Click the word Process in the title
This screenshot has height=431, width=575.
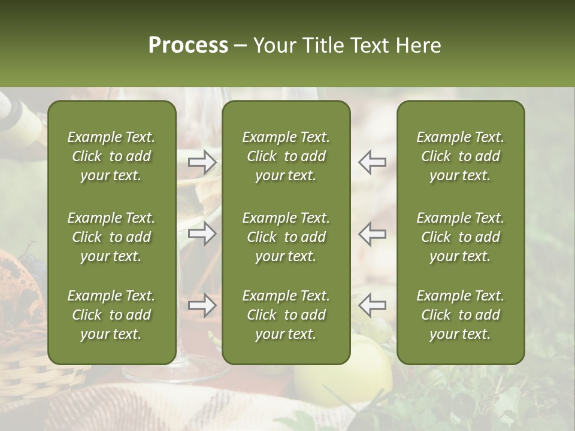coord(188,45)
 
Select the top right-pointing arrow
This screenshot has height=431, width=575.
coord(202,162)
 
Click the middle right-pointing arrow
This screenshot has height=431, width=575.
coord(202,233)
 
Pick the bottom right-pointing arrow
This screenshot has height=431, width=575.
coord(202,305)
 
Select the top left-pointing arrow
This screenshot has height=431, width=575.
coord(372,162)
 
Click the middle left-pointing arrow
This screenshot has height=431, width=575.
coord(372,233)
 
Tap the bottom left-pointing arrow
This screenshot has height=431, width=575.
coord(372,305)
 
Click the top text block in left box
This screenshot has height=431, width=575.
coord(111,156)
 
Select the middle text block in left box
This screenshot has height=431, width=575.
coord(111,237)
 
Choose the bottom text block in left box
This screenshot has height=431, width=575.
coord(111,315)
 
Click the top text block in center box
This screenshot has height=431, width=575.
coord(286,156)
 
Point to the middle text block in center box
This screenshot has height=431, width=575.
coord(286,237)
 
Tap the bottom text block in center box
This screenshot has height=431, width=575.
coord(286,315)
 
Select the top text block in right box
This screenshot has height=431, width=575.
coord(461,156)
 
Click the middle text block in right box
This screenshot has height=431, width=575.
coord(461,237)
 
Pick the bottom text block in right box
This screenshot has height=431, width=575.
coord(461,315)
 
